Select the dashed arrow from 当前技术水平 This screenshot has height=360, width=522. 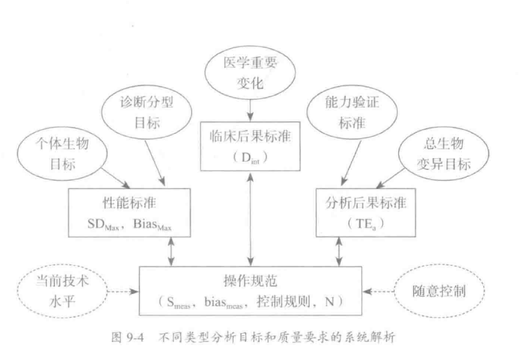click(x=123, y=292)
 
